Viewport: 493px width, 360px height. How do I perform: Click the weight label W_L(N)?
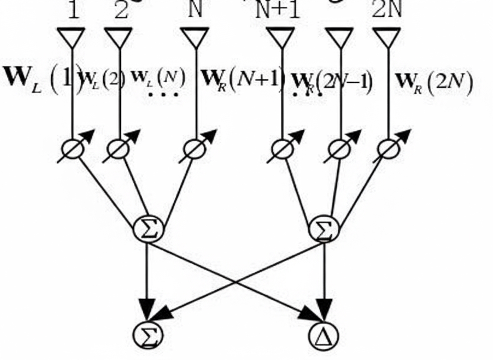[158, 77]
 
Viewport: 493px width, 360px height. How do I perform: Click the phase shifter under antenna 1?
[73, 150]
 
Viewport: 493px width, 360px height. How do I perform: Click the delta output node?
[324, 335]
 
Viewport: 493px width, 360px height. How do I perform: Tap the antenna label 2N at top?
[387, 10]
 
